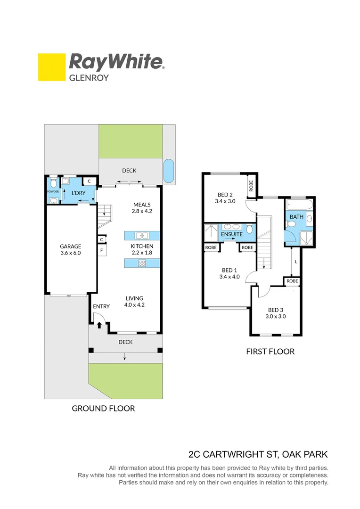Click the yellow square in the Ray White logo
(51, 67)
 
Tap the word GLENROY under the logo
(89, 78)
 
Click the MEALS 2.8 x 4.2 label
(142, 208)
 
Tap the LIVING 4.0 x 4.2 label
(134, 301)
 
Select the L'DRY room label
(78, 193)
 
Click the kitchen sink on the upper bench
(141, 235)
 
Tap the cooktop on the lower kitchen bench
(142, 263)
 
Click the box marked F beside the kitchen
(101, 250)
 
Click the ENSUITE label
(231, 234)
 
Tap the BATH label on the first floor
(296, 217)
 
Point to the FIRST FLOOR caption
(270, 351)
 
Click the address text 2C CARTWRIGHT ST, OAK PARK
(258, 455)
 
